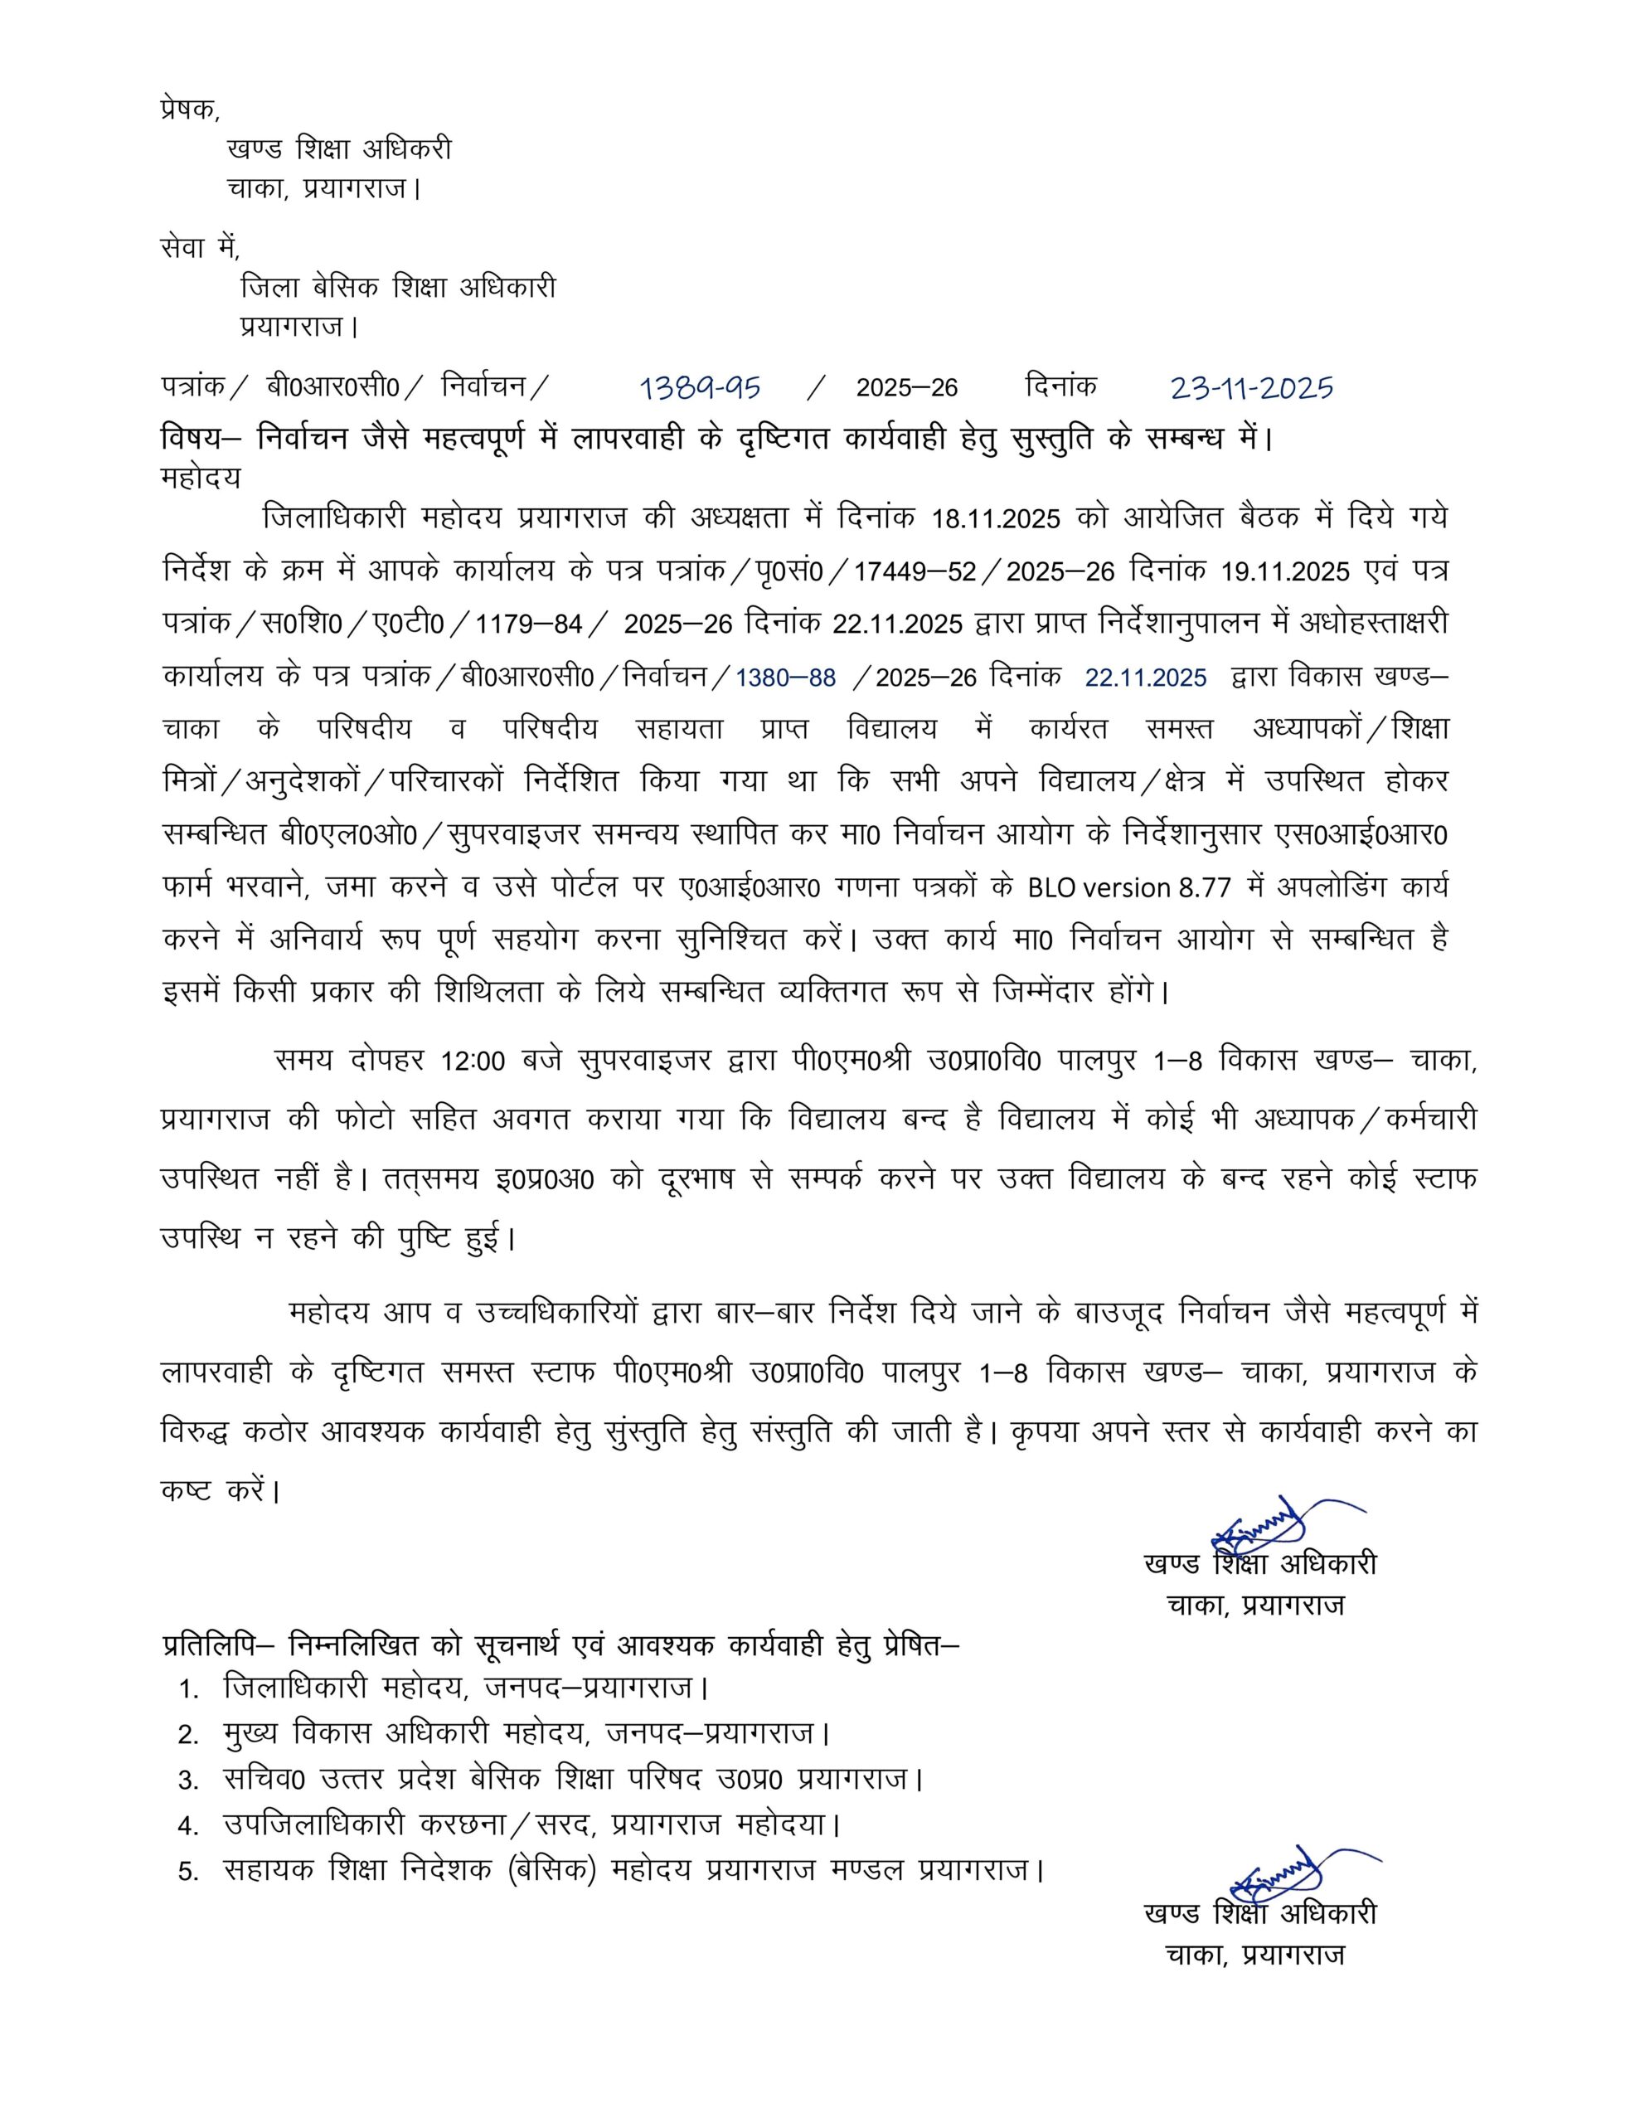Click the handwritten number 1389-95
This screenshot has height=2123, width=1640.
pyautogui.click(x=699, y=389)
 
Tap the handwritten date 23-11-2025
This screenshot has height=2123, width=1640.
pyautogui.click(x=1251, y=389)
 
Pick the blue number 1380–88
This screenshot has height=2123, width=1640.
pyautogui.click(x=784, y=678)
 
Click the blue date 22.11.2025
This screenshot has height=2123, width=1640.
pyautogui.click(x=1145, y=678)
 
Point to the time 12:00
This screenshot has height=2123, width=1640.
pyautogui.click(x=473, y=1061)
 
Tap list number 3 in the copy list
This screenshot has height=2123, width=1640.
pyautogui.click(x=188, y=1781)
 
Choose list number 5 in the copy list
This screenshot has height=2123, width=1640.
pyautogui.click(x=188, y=1871)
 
